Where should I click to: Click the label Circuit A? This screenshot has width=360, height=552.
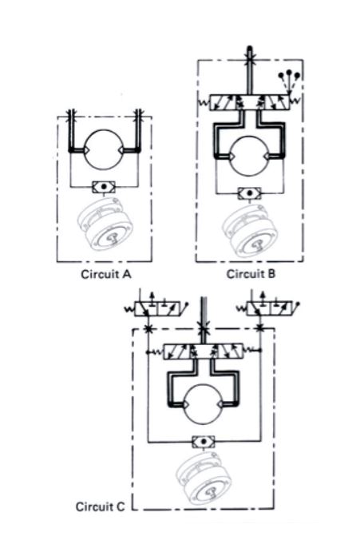(x=106, y=274)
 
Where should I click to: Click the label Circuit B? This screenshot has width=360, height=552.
(x=251, y=274)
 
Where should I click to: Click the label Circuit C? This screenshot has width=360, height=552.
(x=101, y=506)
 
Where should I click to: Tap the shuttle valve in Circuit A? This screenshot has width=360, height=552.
(x=104, y=187)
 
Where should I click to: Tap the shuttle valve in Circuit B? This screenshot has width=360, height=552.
(x=250, y=193)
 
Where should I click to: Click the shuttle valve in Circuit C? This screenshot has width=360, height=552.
(x=204, y=442)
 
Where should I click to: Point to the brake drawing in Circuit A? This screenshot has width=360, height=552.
(x=105, y=224)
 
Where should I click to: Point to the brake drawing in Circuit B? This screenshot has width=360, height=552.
(x=250, y=230)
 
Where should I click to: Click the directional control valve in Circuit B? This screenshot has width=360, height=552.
(x=250, y=102)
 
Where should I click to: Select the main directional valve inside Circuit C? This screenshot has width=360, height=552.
(x=203, y=351)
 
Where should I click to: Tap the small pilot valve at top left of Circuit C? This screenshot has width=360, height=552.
(x=158, y=308)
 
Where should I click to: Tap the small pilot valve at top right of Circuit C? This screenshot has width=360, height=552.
(x=270, y=308)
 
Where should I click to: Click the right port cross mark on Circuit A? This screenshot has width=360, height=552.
(x=139, y=113)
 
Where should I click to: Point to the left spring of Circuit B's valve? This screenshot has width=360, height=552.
(x=204, y=103)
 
